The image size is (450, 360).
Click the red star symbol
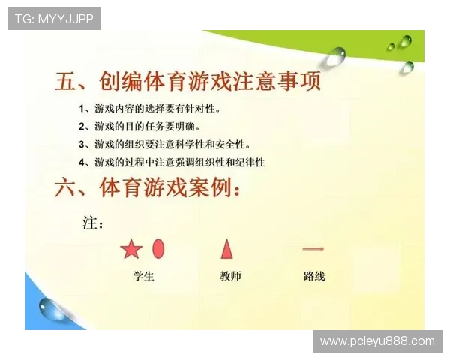coord(131,249)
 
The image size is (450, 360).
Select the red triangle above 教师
coord(227,248)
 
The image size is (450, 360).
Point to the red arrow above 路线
coord(313,249)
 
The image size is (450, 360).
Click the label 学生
coord(143,276)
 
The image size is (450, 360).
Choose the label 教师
coord(230,276)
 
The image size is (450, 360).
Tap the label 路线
coord(314,276)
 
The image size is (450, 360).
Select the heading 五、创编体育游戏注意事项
coord(188,81)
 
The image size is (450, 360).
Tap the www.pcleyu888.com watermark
coord(377,341)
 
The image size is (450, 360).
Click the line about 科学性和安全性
coord(173,144)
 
